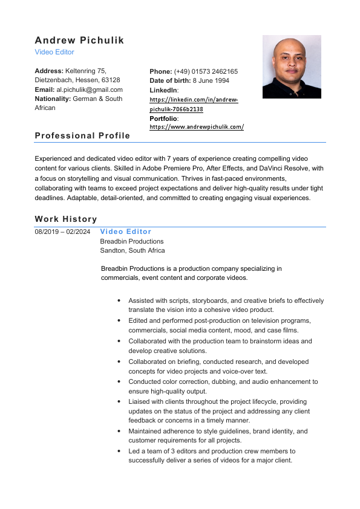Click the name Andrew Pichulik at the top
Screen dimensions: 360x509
point(79,41)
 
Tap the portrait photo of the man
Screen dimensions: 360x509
point(291,66)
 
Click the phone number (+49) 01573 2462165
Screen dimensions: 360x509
point(206,71)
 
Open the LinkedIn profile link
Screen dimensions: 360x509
point(194,104)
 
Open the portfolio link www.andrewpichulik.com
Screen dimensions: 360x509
point(197,127)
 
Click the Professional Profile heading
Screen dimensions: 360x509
point(82,135)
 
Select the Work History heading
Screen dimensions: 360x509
point(66,219)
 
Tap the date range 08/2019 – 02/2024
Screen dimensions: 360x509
point(62,232)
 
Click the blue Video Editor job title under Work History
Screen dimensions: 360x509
point(126,232)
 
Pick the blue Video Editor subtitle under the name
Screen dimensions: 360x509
point(54,53)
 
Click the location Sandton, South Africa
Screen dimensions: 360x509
point(133,250)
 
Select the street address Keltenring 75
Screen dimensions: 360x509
point(85,71)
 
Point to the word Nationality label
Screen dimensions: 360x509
point(53,99)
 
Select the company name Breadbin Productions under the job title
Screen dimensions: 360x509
point(131,241)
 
